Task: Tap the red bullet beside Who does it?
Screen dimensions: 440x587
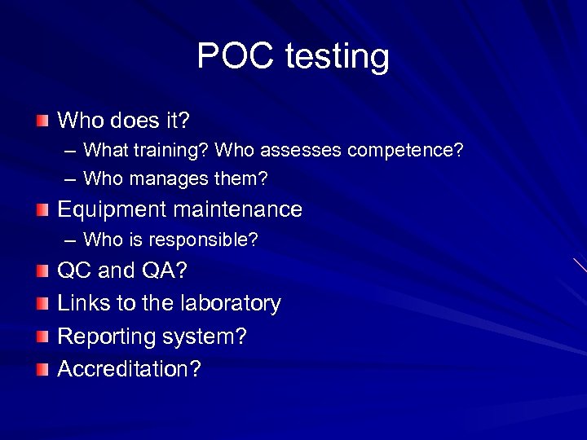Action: (x=42, y=121)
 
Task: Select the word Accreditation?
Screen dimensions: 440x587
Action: (x=129, y=368)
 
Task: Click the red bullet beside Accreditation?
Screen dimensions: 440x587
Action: (x=42, y=369)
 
